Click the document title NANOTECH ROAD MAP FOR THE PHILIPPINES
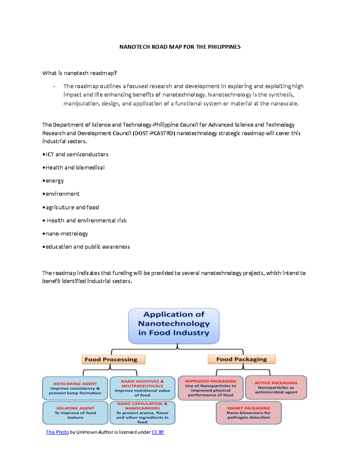coord(180,47)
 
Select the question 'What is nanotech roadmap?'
coord(79,73)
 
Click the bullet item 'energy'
coord(54,181)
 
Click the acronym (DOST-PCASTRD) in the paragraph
coord(154,133)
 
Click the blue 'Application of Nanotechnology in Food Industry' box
coord(174,326)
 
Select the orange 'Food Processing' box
coord(113,359)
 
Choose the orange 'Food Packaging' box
coord(241,359)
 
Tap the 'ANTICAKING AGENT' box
coord(75,388)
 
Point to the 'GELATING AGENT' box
coord(75,413)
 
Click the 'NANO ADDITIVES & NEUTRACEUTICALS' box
coord(142,388)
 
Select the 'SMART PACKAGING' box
coord(248,413)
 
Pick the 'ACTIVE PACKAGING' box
coord(276,387)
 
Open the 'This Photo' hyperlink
coord(57,432)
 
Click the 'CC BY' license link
coord(158,432)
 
